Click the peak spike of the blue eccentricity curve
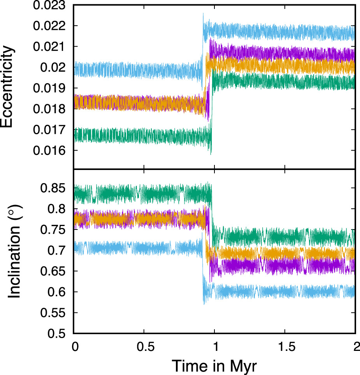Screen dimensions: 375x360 tap(203, 14)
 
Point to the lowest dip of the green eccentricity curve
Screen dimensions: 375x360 tap(211, 154)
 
